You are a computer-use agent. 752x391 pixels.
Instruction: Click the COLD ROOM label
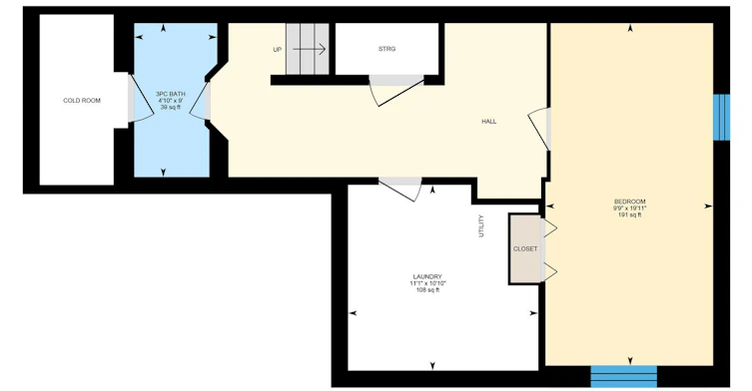tap(82, 101)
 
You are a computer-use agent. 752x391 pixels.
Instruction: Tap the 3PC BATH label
tap(171, 94)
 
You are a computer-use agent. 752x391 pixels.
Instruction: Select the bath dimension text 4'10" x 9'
tap(171, 101)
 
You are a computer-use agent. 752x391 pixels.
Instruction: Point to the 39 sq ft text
tap(171, 108)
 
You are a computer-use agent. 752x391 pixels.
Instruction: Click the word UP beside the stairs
tap(278, 50)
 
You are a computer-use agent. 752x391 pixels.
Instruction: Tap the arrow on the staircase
tap(310, 49)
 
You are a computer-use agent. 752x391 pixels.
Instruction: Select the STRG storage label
tap(387, 49)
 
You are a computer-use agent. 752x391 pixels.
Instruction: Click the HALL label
tap(489, 122)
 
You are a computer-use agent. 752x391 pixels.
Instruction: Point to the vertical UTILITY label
tap(481, 226)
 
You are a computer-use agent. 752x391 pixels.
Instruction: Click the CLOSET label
tap(525, 249)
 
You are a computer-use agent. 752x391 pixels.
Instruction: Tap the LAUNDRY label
tap(427, 277)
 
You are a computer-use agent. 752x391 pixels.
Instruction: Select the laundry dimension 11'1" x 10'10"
tap(427, 283)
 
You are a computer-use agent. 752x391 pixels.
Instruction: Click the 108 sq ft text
tap(427, 290)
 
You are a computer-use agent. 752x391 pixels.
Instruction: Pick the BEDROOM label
tap(630, 201)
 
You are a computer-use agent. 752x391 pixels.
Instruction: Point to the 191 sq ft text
tap(630, 215)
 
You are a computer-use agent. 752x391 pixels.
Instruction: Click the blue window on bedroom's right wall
tap(721, 118)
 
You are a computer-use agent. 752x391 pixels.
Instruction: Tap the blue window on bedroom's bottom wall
tap(623, 376)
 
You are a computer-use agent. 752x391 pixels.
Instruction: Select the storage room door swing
tap(395, 91)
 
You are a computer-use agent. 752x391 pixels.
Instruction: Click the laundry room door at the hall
tap(400, 190)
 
